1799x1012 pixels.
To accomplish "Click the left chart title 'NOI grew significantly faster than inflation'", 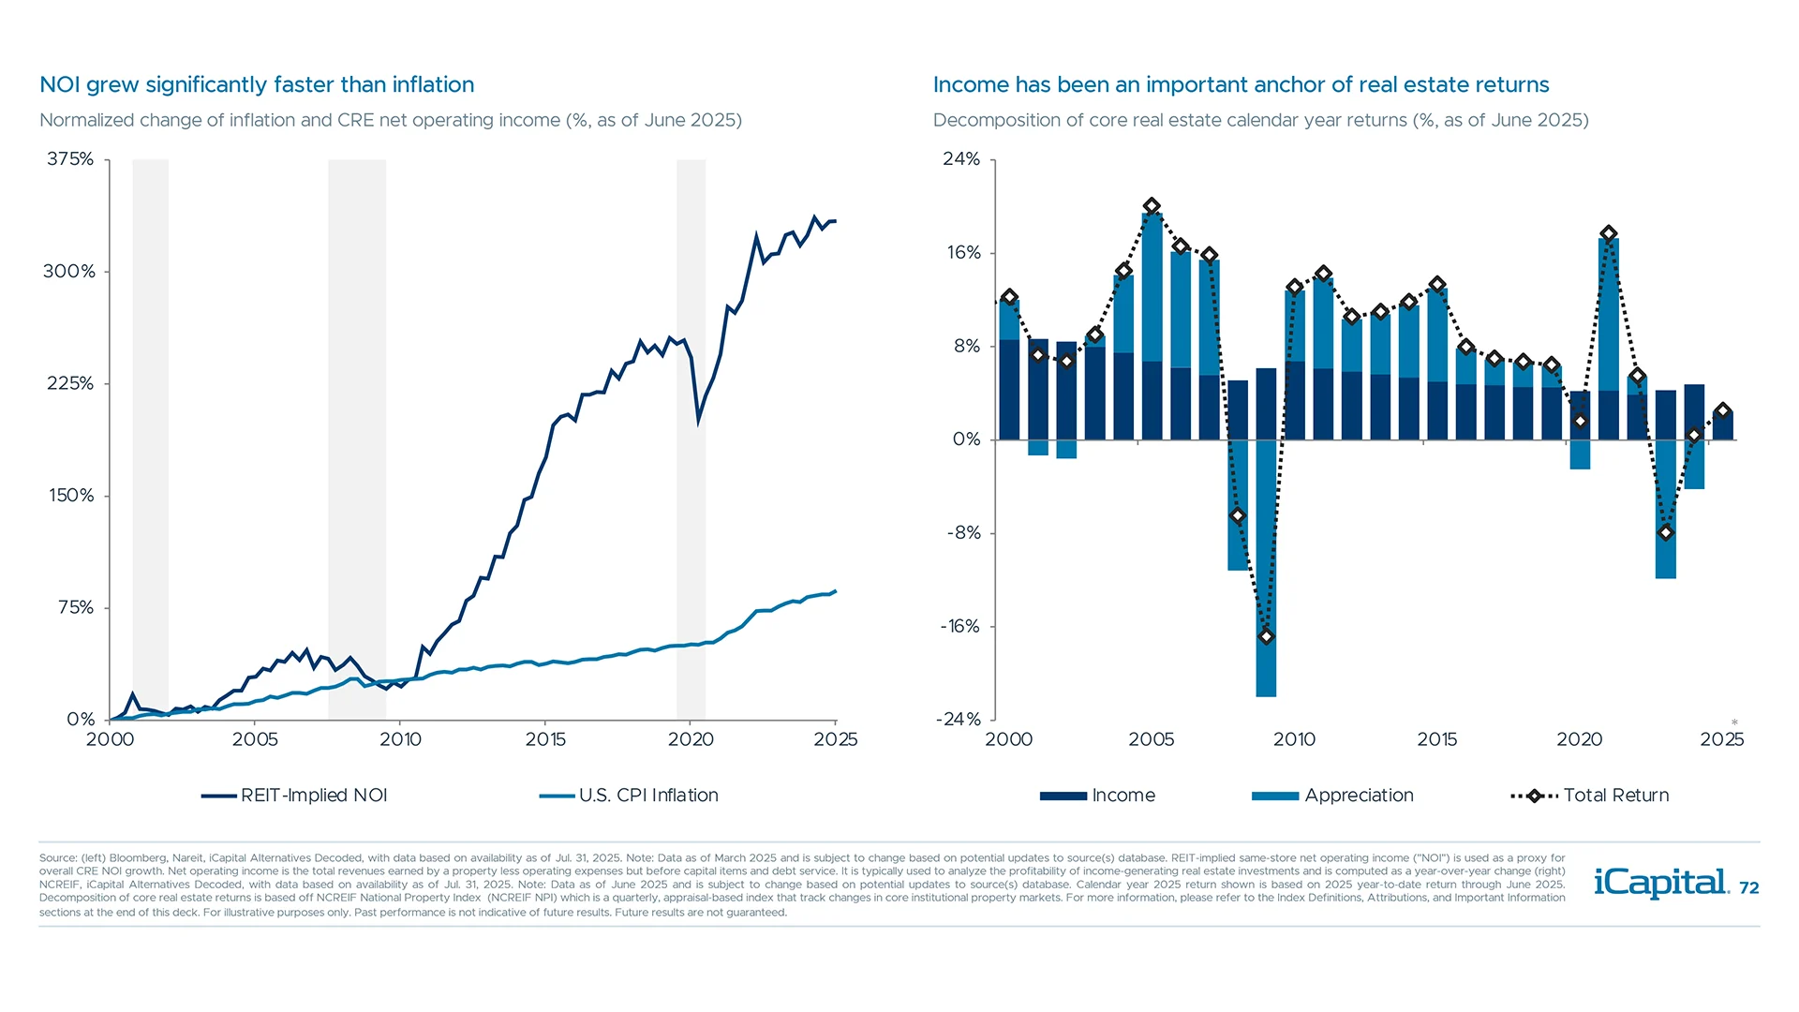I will (x=257, y=84).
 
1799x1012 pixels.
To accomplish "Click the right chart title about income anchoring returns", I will (x=1241, y=84).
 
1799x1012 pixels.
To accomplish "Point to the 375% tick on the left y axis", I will (x=71, y=159).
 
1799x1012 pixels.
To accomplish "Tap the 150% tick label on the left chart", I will (x=71, y=496).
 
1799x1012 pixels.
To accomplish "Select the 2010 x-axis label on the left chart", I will (x=400, y=739).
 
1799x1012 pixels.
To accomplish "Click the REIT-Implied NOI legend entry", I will (x=295, y=796).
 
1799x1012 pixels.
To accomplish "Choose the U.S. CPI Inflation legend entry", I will (x=630, y=796).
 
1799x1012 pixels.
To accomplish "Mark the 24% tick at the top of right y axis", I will (x=961, y=159).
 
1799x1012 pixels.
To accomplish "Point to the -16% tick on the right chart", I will (x=960, y=627).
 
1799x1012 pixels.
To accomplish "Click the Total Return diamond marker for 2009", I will (x=1266, y=636).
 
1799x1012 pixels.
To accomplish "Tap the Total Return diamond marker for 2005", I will (x=1152, y=206).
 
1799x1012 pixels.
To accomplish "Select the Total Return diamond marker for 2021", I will (x=1609, y=233).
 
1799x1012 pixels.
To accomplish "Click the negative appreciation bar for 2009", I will (x=1266, y=572).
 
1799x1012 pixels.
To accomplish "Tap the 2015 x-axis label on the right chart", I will (x=1436, y=739).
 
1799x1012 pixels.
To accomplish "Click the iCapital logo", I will (x=1660, y=883).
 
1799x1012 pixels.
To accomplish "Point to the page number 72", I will (x=1749, y=888).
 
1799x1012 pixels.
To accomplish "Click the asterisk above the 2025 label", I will (x=1734, y=722).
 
